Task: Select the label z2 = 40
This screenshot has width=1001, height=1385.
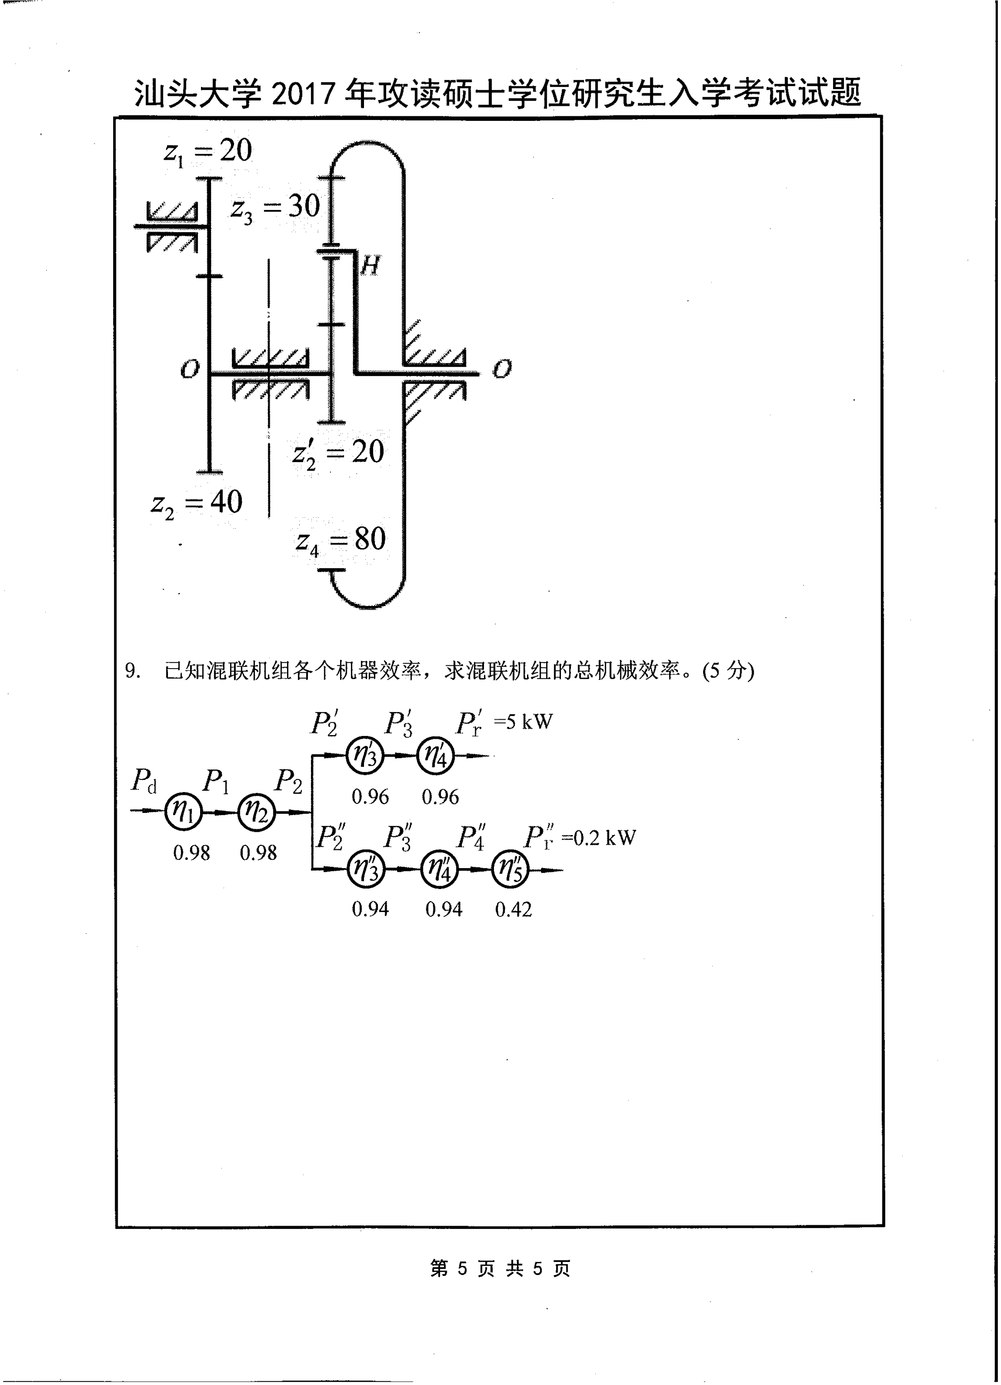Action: (196, 504)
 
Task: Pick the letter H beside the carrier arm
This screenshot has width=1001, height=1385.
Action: (370, 266)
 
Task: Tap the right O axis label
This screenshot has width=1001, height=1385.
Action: (502, 369)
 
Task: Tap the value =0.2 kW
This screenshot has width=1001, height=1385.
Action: (599, 837)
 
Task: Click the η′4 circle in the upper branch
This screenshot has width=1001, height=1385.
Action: (436, 756)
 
